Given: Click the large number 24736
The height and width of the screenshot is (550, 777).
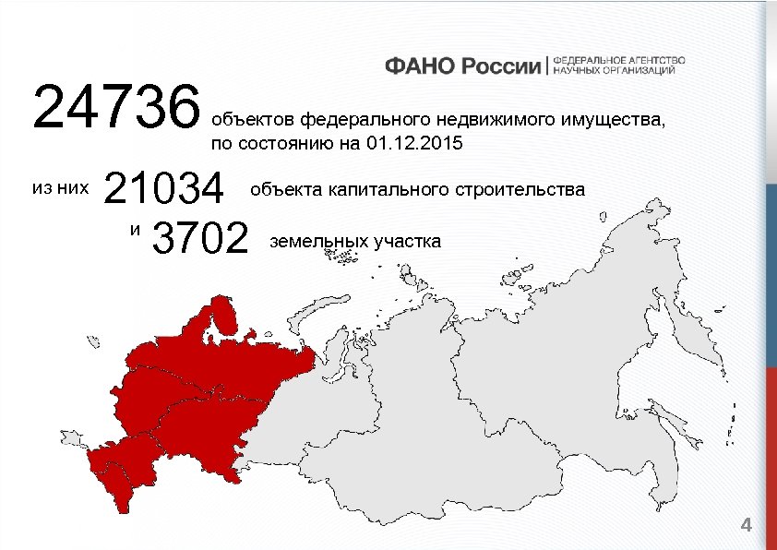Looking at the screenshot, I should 117,106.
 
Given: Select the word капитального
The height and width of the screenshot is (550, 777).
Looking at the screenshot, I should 386,190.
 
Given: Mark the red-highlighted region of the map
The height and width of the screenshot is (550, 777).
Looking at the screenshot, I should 185,397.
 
